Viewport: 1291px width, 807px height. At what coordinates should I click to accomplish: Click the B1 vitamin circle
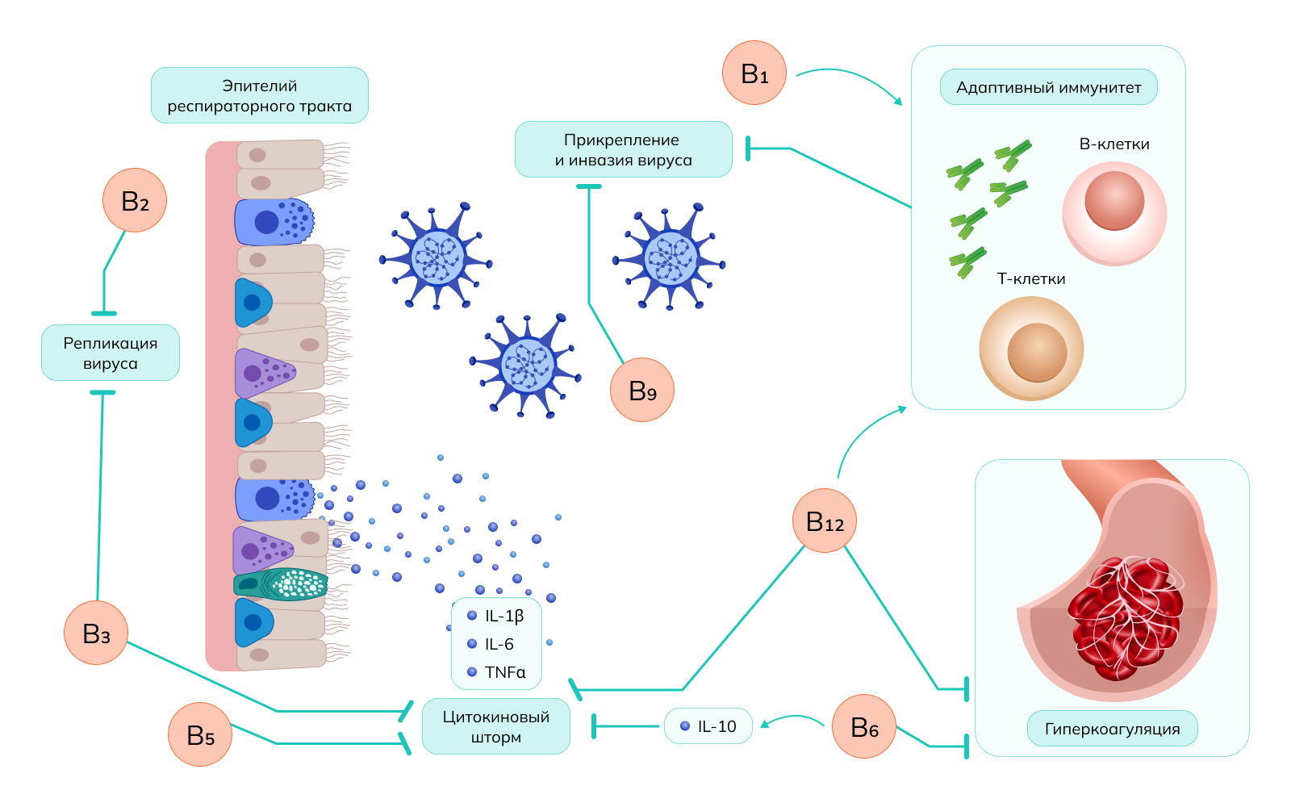tap(754, 73)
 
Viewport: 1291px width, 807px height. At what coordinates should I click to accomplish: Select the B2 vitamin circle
tap(135, 200)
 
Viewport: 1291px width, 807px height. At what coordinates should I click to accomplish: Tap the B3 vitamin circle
tap(96, 633)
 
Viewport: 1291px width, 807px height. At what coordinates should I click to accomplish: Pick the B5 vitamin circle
tap(200, 734)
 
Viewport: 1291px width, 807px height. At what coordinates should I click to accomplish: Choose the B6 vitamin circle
tap(863, 726)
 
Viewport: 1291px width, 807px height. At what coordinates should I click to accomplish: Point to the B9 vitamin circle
tap(642, 390)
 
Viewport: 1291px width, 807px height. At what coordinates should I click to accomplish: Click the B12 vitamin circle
tap(824, 521)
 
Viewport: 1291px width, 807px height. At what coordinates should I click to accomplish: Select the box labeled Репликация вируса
tap(111, 353)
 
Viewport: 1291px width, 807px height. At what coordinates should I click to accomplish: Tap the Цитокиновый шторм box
tap(495, 726)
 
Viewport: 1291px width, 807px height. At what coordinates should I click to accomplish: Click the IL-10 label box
tap(708, 726)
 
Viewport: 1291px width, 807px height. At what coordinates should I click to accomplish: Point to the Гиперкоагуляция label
tap(1112, 729)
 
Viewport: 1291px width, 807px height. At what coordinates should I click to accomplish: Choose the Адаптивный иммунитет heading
tap(1048, 87)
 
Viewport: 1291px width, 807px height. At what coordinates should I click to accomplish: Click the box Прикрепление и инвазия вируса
tap(623, 149)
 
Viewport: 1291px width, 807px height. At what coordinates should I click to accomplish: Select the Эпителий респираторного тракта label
tap(259, 95)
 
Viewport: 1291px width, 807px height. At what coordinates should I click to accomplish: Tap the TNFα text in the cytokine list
tap(504, 672)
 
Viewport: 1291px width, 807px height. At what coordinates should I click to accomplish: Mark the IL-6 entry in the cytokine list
tap(499, 644)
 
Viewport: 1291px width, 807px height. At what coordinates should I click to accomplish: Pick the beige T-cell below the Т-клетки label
tap(1031, 349)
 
